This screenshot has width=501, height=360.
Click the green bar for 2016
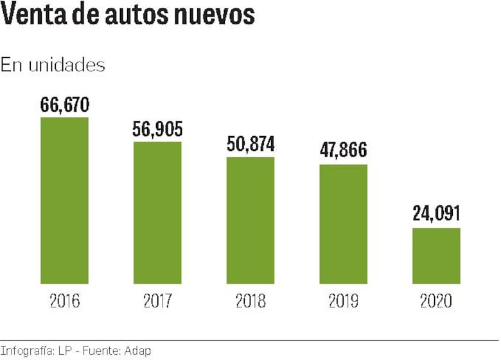point(64,200)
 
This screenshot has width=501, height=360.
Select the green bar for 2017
point(157,212)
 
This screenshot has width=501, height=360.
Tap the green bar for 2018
point(251,220)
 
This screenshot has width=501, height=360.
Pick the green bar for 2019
point(344,224)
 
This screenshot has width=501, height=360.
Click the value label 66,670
point(64,105)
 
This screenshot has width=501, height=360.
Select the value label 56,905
point(157,130)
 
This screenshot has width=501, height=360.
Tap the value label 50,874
point(251,144)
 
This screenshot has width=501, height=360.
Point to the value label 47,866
point(344,150)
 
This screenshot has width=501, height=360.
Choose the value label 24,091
point(436,214)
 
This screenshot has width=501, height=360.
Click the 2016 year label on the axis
point(64,301)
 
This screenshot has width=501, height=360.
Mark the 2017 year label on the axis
point(157,301)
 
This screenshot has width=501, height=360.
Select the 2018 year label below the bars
point(251,301)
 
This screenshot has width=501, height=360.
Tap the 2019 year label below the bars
point(344,301)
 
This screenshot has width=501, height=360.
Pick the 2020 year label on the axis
point(436,301)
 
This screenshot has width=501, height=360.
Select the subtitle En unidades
point(53,65)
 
